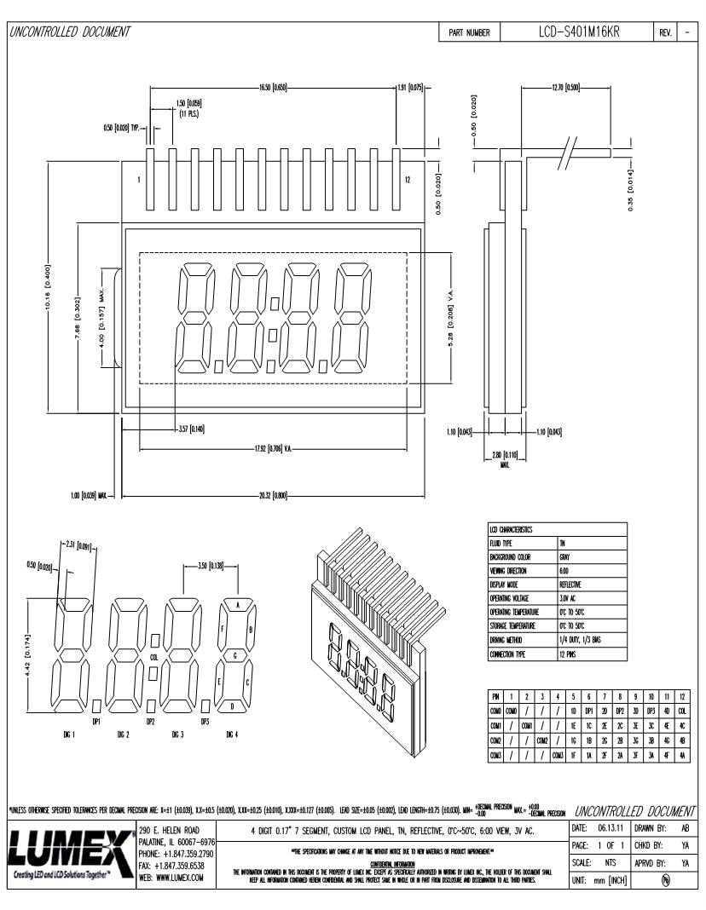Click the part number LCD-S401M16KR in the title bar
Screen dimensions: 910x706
(579, 32)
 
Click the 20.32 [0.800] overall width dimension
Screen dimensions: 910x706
(274, 496)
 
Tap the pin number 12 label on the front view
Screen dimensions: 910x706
(408, 180)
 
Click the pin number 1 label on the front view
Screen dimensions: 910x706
(138, 180)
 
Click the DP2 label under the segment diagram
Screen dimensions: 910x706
(151, 721)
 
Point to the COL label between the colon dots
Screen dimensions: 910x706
(153, 658)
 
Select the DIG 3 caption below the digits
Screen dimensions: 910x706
(177, 734)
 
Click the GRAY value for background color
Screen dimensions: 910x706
(565, 556)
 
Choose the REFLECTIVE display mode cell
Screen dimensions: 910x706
(570, 585)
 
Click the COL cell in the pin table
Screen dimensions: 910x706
(682, 711)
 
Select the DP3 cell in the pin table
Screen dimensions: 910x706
(651, 711)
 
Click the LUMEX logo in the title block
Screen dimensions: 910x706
(68, 852)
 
